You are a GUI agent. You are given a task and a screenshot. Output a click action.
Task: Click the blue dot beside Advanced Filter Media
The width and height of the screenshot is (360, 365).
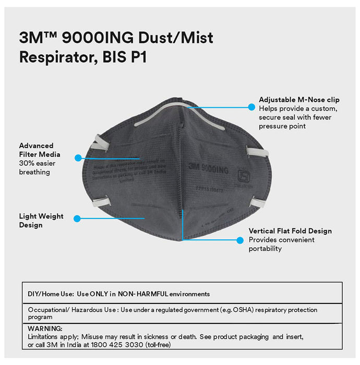click(x=78, y=157)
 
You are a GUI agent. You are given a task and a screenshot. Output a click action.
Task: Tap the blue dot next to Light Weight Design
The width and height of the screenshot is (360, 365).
click(x=77, y=218)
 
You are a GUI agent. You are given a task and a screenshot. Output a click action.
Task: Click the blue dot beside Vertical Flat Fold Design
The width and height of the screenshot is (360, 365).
click(x=240, y=240)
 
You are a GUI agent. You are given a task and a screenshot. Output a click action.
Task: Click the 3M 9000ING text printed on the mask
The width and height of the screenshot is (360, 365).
click(x=209, y=167)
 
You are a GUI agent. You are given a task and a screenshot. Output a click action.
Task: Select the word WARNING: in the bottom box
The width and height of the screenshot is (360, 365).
click(x=45, y=328)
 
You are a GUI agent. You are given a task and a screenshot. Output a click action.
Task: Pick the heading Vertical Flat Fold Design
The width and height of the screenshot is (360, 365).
click(x=290, y=231)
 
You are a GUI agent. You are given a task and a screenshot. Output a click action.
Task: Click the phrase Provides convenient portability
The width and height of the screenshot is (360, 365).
click(x=281, y=244)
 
